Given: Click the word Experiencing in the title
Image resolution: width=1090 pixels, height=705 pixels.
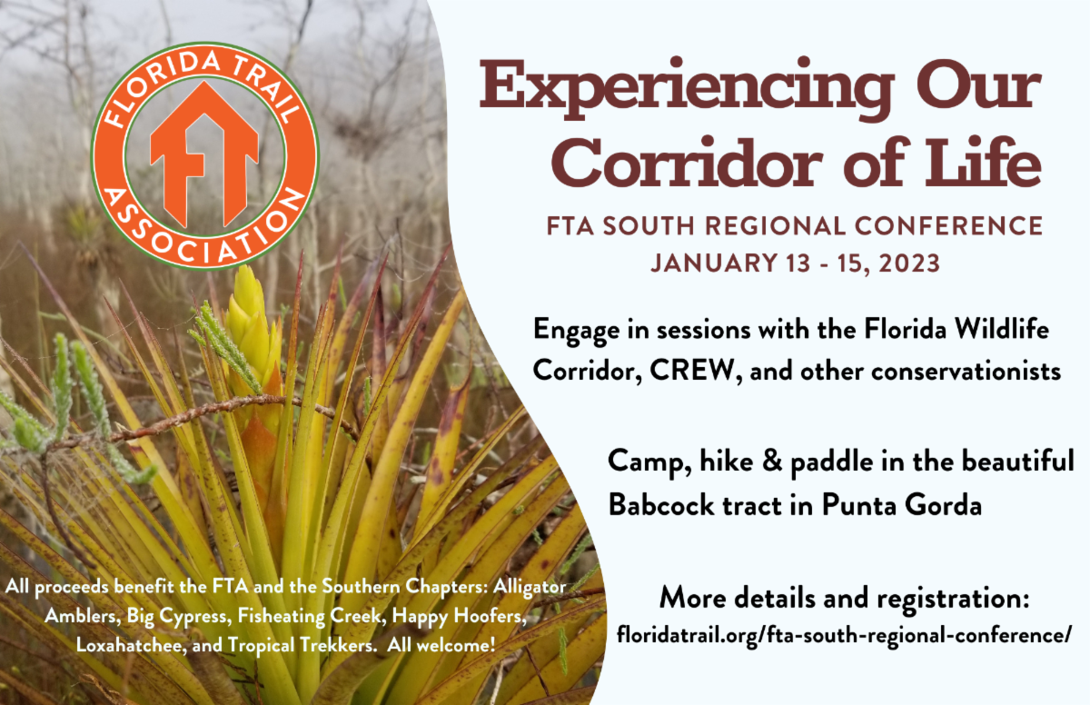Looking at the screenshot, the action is tap(687, 88).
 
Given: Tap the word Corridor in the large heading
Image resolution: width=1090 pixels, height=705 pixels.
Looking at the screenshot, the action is tap(687, 163).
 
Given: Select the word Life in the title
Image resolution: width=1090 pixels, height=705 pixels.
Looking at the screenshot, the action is tap(983, 162).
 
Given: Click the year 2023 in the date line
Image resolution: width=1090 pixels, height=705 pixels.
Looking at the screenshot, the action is tap(909, 263).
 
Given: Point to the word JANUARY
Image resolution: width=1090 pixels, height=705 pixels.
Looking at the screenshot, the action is tap(714, 263).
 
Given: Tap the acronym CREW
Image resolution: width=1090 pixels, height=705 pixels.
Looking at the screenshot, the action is tap(691, 371).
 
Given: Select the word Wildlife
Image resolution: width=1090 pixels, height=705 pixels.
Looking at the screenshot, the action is tap(1002, 329).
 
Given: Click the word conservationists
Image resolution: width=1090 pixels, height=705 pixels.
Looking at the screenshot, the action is tap(966, 372).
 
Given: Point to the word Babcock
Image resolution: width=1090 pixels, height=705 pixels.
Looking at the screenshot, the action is tap(662, 504).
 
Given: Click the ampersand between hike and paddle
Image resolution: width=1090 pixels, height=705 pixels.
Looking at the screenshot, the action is tap(772, 461).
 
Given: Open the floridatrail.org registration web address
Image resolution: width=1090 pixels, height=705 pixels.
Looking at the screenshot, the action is tap(844, 635).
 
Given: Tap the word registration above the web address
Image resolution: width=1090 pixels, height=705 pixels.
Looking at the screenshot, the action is tap(953, 598).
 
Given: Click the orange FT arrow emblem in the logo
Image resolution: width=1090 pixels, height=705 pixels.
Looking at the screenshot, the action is tap(204, 154).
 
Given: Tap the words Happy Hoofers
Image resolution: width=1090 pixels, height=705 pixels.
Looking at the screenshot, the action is tap(459, 616).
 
